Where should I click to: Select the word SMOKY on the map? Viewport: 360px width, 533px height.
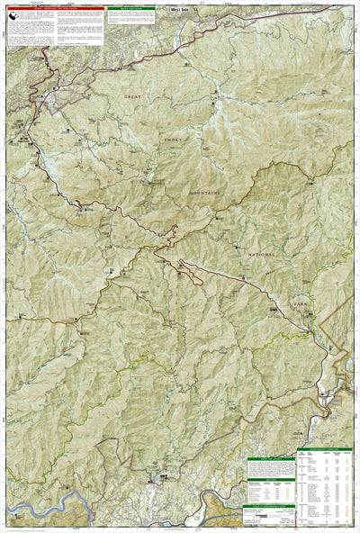click(x=172, y=140)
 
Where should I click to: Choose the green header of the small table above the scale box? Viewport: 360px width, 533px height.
click(x=269, y=462)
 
